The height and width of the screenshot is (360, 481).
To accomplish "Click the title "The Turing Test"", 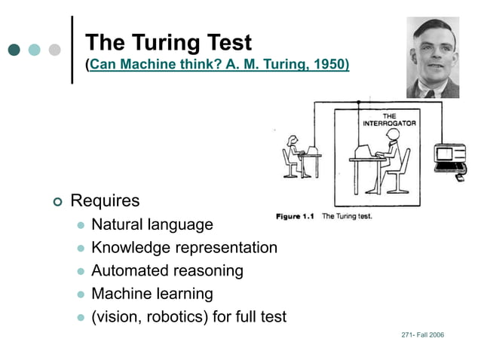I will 168,42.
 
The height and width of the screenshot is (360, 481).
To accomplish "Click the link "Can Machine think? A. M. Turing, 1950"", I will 219,65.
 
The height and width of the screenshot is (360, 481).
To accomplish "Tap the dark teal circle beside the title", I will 14,50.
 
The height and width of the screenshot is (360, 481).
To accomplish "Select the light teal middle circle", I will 34,50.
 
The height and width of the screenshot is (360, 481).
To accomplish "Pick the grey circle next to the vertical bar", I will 54,50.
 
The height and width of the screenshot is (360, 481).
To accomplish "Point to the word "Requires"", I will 105,201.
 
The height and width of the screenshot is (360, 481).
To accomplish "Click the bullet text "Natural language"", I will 152,224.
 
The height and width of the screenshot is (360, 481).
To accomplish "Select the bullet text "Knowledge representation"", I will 184,248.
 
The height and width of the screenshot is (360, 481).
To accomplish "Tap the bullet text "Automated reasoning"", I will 167,270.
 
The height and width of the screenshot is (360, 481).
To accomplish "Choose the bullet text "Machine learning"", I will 152,294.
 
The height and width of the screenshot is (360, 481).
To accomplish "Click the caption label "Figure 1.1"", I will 296,217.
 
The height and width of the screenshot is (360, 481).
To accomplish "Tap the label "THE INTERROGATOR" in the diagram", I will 389,119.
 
